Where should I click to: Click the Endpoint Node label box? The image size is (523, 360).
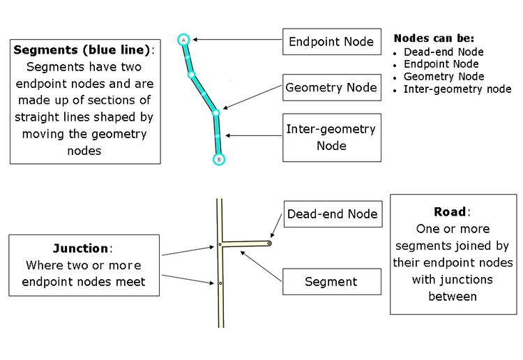point(331,42)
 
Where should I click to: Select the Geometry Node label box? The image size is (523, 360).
point(331,88)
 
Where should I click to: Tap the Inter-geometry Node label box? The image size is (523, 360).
point(331,137)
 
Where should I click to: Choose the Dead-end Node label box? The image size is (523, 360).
point(332,214)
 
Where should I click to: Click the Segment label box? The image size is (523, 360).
point(331,282)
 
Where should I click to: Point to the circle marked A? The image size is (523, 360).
point(183,40)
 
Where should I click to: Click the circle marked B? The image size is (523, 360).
point(218,159)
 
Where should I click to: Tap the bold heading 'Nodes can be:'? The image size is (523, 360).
point(434,38)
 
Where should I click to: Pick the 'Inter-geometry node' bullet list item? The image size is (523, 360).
point(457,89)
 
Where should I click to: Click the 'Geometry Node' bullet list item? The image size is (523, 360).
point(444,77)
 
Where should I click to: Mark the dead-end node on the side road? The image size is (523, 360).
point(269,243)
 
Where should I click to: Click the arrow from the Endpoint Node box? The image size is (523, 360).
point(237,40)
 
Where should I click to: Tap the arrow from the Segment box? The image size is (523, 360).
point(261,265)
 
